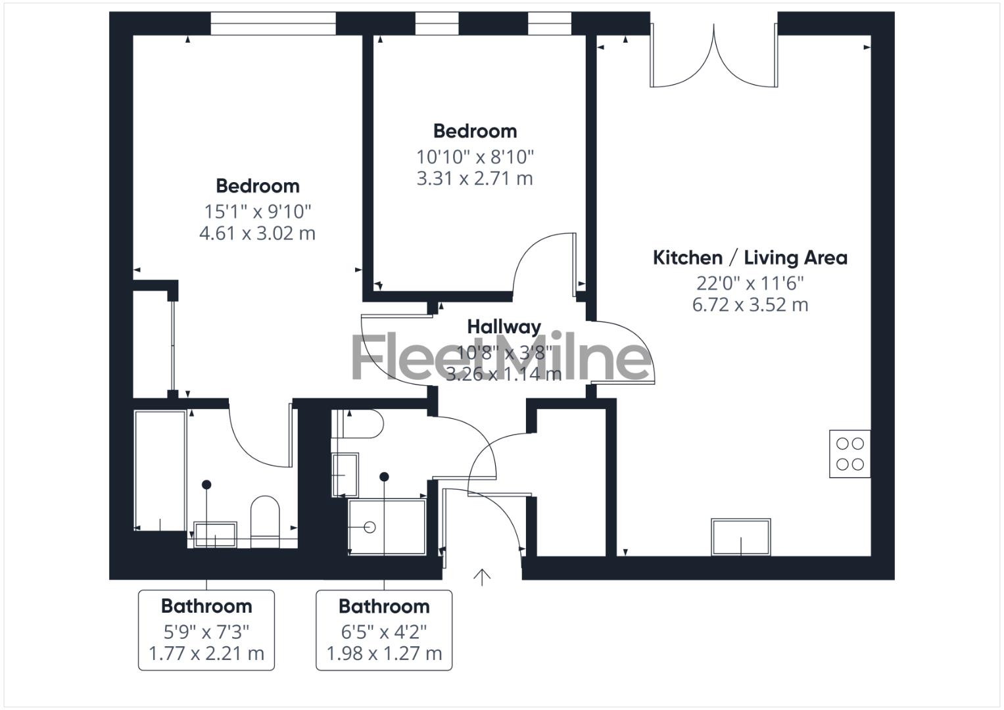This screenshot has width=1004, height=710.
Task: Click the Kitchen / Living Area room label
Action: [750, 258]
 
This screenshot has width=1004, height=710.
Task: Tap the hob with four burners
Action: [849, 454]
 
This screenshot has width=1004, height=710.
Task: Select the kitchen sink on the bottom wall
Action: [740, 537]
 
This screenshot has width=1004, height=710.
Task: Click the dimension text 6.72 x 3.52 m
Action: [750, 305]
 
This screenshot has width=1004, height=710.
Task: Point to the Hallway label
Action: [504, 326]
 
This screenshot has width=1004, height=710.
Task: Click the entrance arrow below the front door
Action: [482, 577]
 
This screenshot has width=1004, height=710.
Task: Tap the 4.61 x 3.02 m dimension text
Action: [257, 233]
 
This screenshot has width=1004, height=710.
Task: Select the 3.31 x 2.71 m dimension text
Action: [475, 179]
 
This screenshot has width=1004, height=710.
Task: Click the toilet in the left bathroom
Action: [265, 519]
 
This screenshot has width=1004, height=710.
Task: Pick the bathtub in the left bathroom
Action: [160, 470]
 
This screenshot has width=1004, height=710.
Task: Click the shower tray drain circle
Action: [370, 527]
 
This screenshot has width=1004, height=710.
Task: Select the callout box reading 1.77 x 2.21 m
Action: [206, 630]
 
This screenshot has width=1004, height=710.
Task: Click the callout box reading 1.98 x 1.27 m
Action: [384, 630]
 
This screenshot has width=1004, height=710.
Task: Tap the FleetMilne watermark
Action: [501, 358]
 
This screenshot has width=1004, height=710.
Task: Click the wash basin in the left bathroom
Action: [215, 534]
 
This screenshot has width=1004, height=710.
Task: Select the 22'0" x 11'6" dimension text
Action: [750, 283]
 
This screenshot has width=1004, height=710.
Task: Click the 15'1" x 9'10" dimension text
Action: [257, 212]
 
